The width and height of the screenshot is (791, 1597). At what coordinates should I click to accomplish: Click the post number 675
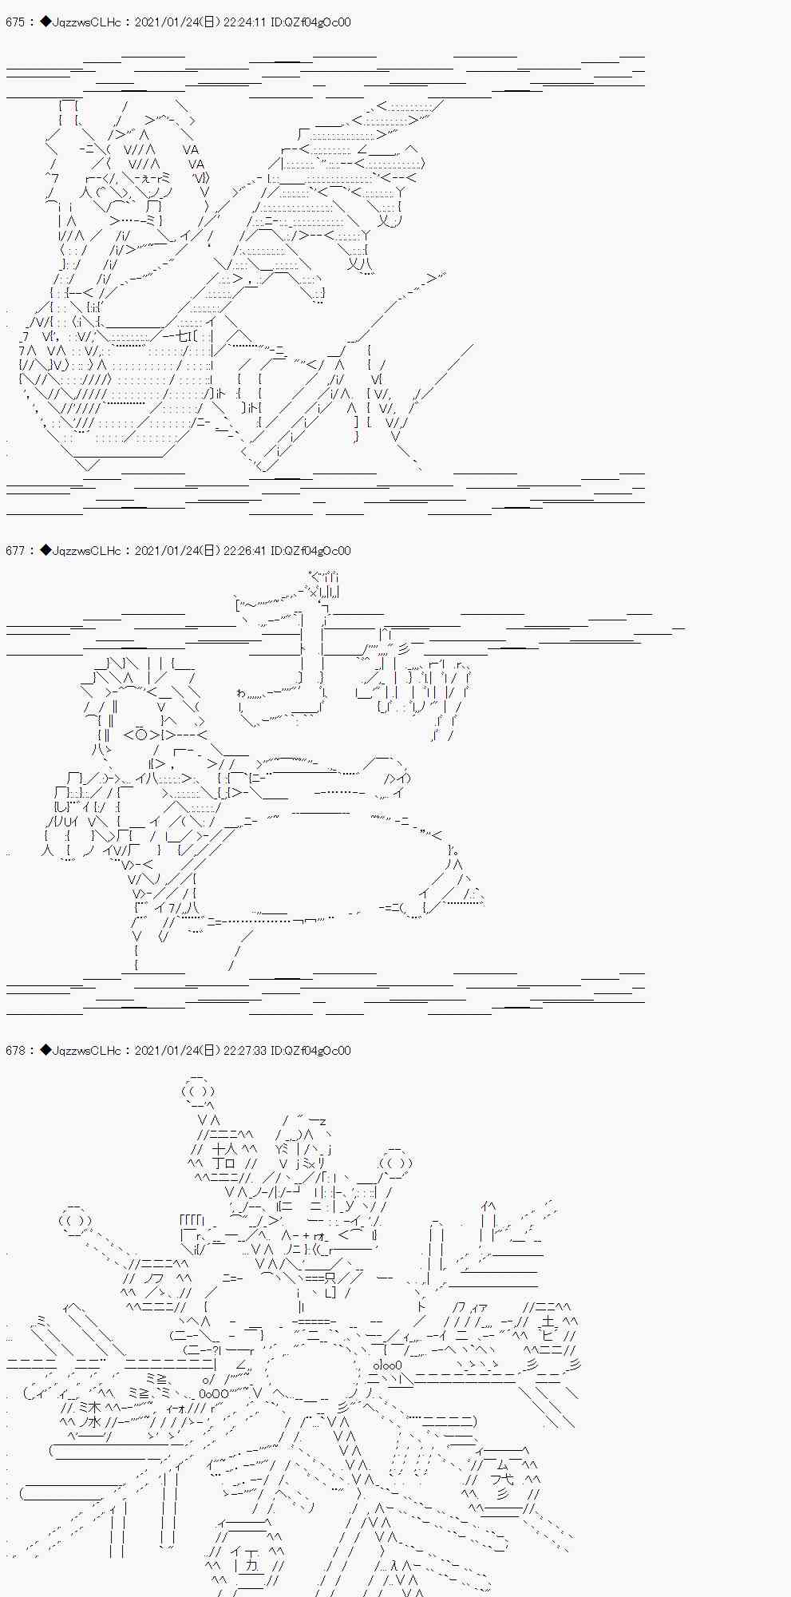(14, 22)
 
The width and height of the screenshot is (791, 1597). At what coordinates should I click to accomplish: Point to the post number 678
(14, 1051)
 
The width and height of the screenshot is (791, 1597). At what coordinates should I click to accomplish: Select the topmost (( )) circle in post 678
(197, 1092)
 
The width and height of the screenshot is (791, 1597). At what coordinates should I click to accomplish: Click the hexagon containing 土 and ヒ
(546, 1327)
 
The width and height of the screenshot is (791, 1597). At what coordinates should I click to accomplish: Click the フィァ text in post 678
(468, 1307)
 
